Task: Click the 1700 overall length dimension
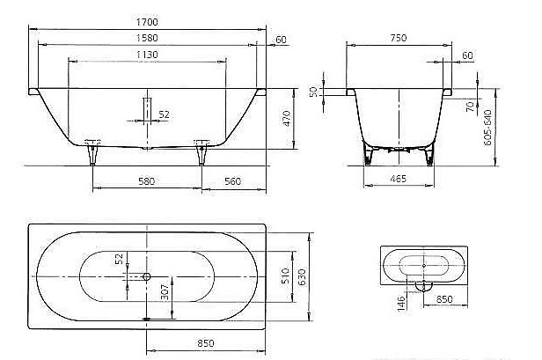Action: (147, 22)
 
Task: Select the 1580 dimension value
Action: (147, 38)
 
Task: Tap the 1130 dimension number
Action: (147, 55)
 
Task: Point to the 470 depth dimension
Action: (287, 118)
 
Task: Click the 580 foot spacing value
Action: (147, 181)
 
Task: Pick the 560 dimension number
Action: (232, 181)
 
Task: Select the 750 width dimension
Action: (399, 38)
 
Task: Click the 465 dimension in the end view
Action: (399, 180)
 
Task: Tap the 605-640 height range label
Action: (487, 128)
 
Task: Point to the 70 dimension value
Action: (471, 107)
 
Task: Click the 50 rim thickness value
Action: (313, 92)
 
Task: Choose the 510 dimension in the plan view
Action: (285, 276)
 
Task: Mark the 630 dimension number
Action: (302, 276)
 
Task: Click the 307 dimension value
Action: (165, 292)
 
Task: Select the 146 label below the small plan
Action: (401, 303)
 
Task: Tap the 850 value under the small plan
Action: (444, 299)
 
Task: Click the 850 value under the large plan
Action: (206, 343)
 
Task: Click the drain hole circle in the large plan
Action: (147, 276)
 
